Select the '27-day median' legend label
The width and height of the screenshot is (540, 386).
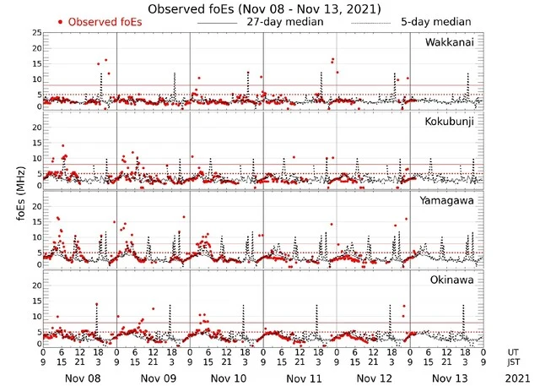pos(285,22)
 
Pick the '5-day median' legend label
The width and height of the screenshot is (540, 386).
pos(437,22)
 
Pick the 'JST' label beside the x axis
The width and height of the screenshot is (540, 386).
pos(514,362)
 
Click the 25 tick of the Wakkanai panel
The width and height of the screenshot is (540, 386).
pos(35,33)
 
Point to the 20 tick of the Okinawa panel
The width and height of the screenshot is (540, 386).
pos(35,285)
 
